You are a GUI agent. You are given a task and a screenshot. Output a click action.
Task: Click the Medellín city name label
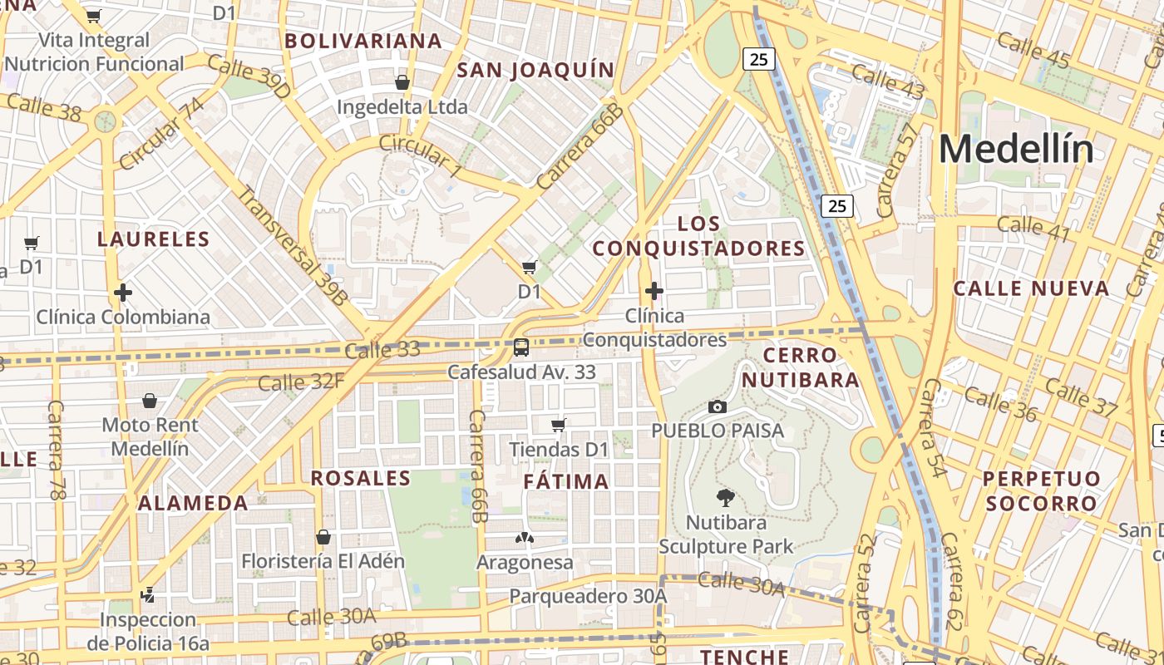click(x=1016, y=150)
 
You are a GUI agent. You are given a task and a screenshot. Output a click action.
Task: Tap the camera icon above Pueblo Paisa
click(x=717, y=406)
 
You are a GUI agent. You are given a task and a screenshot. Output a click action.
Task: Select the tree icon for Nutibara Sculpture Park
click(x=725, y=498)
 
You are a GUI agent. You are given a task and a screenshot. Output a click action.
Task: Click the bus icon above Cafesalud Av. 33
click(x=521, y=347)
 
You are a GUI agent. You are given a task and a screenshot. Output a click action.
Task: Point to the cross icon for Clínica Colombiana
click(x=123, y=293)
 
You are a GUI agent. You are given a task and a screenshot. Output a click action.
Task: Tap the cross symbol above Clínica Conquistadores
click(x=654, y=291)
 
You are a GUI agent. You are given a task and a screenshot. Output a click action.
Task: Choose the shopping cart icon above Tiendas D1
click(x=559, y=426)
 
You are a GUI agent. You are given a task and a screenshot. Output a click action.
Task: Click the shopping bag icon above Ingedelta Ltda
click(x=402, y=82)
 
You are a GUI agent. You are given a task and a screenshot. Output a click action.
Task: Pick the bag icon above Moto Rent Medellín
click(x=150, y=401)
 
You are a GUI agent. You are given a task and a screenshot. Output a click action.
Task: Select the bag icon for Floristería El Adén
click(x=323, y=537)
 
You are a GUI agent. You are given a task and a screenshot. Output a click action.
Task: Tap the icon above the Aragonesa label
click(x=525, y=538)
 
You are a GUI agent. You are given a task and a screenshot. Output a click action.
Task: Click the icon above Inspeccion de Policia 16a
click(x=148, y=594)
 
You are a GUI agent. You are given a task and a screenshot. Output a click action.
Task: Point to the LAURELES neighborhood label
click(x=154, y=239)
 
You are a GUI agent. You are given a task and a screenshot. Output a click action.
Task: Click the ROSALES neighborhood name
click(x=361, y=478)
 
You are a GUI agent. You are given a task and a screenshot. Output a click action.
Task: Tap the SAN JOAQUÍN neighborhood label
click(x=535, y=70)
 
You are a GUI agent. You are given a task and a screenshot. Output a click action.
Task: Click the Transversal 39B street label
click(x=292, y=246)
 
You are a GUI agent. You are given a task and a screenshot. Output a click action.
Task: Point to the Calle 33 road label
click(x=382, y=351)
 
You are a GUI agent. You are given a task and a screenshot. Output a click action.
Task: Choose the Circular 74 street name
click(x=161, y=133)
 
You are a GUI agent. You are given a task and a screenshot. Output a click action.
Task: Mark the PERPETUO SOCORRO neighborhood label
click(x=1041, y=491)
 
